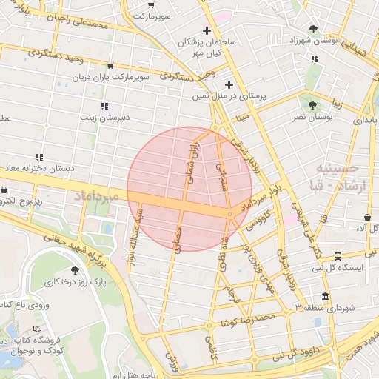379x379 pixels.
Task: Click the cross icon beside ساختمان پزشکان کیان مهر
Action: pos(207,31)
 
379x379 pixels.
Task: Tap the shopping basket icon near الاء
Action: pos(368,217)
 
